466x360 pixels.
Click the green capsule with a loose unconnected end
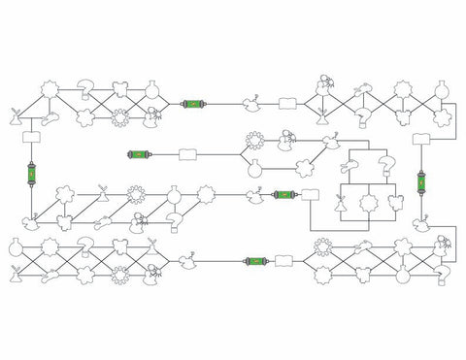coord(143,153)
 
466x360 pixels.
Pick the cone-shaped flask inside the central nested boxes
coord(341,205)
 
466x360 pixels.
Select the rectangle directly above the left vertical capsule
coord(30,139)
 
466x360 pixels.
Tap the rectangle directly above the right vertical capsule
coord(423,141)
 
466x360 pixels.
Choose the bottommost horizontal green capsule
coord(256,260)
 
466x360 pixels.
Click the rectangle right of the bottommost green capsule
coord(286,260)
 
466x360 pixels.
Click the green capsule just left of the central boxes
coord(283,195)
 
